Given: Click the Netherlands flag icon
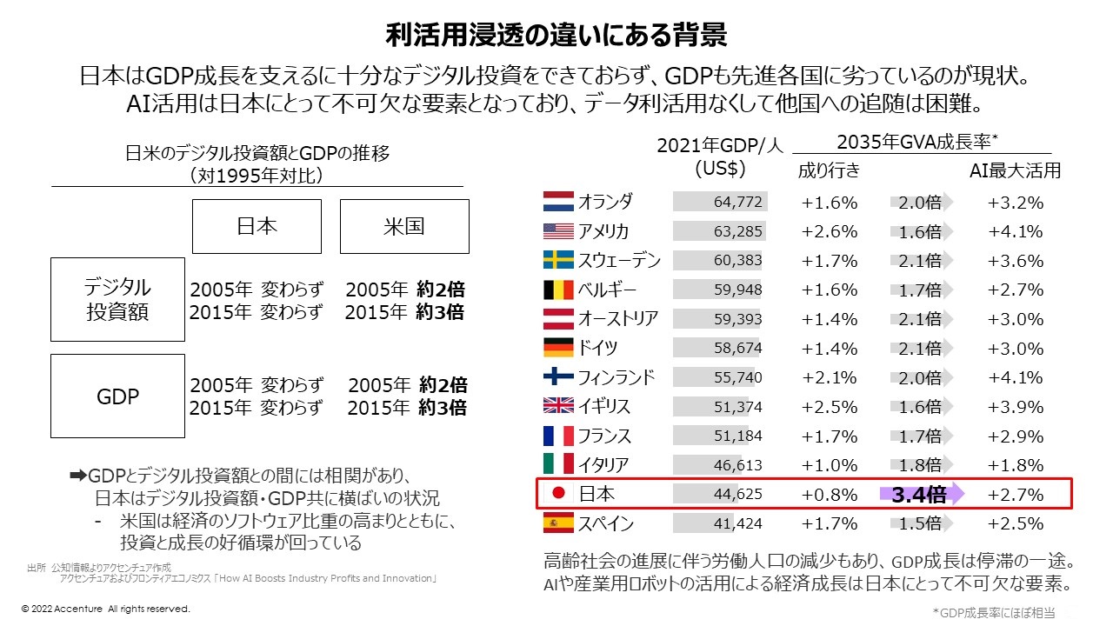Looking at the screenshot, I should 557,203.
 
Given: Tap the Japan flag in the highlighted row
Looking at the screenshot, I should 559,494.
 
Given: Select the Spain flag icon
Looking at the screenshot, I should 557,523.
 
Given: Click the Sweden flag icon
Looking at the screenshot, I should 557,261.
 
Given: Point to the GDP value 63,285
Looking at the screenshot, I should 737,232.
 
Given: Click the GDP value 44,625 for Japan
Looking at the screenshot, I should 737,495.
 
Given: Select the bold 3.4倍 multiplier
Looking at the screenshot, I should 918,495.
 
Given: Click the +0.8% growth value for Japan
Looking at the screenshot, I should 829,495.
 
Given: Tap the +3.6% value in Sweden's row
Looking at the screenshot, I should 1015,261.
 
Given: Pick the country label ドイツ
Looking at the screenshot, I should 597,349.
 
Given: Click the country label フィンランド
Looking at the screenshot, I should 616,377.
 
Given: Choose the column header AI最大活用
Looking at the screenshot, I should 1015,170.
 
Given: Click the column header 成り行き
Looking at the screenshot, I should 829,170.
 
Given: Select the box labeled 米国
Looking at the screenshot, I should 403,226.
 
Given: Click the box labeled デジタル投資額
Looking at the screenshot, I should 117,299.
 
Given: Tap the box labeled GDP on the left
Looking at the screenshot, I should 117,396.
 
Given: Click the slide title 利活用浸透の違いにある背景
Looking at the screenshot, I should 556,36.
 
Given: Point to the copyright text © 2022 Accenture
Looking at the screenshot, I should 105,609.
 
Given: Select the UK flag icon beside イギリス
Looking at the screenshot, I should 557,406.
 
